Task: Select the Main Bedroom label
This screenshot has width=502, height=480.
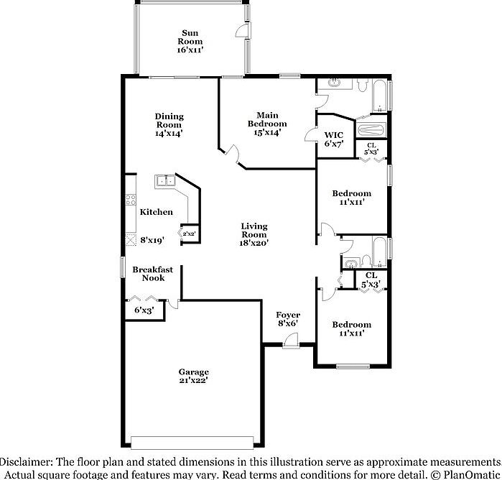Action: (x=268, y=119)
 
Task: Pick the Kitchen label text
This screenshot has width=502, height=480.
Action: (x=156, y=212)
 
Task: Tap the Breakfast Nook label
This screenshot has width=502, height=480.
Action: (x=153, y=274)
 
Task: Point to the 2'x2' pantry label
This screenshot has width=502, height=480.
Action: (x=189, y=234)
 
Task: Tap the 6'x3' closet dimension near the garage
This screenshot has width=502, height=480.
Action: (x=144, y=310)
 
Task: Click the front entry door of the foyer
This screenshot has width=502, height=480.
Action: (x=289, y=346)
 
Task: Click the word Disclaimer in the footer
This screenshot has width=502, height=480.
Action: (x=27, y=461)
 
